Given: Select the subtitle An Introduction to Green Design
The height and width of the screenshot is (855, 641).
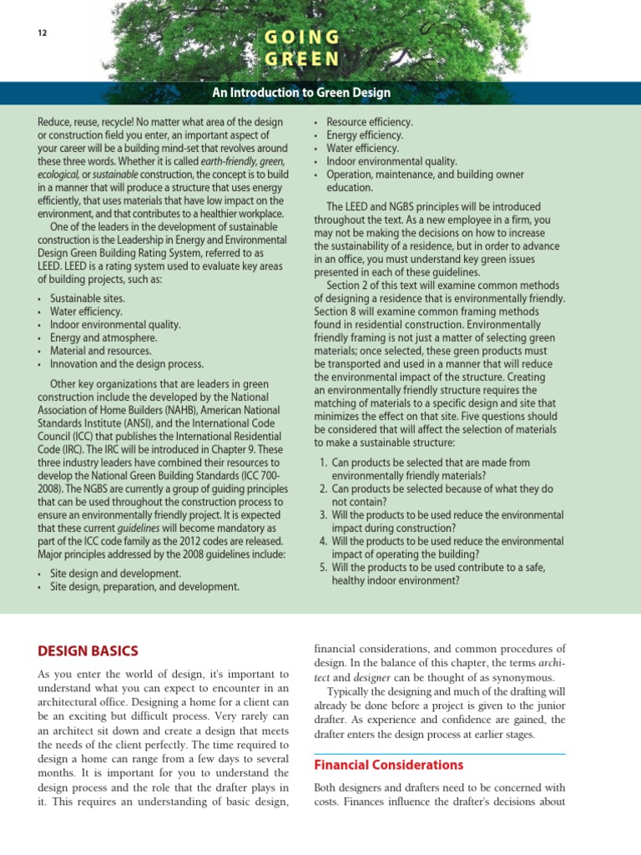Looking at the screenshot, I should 301,93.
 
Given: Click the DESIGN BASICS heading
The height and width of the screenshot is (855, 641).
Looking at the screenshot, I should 88,650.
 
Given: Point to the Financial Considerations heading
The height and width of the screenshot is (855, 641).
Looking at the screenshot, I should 388,765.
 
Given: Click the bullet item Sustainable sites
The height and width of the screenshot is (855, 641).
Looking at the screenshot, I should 88,298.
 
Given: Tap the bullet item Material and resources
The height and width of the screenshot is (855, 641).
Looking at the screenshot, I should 101,352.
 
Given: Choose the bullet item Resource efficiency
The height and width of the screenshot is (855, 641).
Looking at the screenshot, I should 370,122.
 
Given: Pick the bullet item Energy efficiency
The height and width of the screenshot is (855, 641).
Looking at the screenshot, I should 365,135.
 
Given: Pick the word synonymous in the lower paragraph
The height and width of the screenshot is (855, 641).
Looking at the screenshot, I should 525,677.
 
